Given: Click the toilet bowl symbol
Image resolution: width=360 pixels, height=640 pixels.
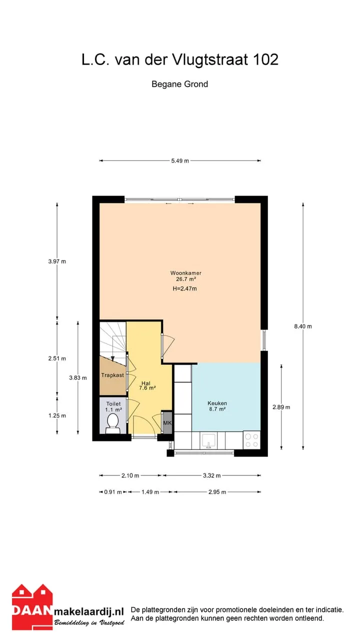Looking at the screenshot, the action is (113, 423).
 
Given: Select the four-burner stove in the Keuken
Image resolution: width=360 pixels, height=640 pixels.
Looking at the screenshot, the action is (251, 440).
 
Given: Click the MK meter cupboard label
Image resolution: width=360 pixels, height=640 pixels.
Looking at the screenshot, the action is (167, 422).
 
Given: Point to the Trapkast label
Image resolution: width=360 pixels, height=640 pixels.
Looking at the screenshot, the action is (112, 375).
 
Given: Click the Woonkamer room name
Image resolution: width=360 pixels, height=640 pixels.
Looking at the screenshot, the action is (186, 273).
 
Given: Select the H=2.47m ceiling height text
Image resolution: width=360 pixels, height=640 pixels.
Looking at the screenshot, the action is (185, 288).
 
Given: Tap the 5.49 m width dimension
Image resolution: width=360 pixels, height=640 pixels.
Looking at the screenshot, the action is (180, 161).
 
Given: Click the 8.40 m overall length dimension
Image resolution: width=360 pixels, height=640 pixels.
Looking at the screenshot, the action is (303, 326).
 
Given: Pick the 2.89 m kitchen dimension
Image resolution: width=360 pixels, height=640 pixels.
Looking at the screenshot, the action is (281, 407).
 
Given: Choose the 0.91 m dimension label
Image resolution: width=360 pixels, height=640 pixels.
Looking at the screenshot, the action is (113, 492).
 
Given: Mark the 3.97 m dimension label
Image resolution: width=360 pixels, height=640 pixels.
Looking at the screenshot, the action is (57, 261).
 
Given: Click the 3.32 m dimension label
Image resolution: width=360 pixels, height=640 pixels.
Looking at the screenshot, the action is (211, 475).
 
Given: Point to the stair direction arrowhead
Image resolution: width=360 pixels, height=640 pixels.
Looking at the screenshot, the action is (113, 359).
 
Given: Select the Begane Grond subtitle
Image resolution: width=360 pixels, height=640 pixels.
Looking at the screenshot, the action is (179, 84).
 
